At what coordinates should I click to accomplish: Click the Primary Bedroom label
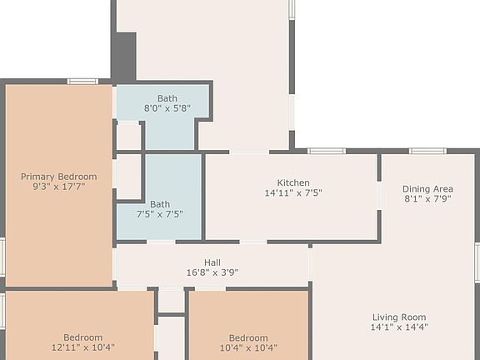(58, 177)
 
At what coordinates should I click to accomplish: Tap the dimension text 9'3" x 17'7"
(58, 187)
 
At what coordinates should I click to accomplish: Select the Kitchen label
(293, 183)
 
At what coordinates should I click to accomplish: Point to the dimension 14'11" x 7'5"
(293, 193)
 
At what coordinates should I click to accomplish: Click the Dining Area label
(427, 189)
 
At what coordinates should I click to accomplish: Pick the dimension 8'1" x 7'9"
(427, 199)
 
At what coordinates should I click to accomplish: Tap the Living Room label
(398, 317)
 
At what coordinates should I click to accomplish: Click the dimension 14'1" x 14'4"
(398, 327)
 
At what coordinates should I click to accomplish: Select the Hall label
(212, 262)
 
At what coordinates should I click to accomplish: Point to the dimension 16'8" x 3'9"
(212, 272)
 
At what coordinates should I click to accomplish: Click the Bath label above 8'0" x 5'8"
(167, 98)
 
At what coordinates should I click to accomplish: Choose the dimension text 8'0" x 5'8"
(167, 108)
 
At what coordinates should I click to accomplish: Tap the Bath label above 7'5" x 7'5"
(159, 204)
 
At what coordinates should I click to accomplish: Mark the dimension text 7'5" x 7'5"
(159, 214)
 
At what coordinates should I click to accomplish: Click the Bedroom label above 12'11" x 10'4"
(82, 337)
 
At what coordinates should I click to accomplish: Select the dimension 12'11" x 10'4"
(82, 347)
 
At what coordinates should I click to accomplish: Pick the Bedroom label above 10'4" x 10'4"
(248, 337)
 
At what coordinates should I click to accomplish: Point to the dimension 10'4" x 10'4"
(248, 347)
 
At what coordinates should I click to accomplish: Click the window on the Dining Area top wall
(427, 152)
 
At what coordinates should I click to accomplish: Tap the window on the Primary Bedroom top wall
(82, 81)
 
